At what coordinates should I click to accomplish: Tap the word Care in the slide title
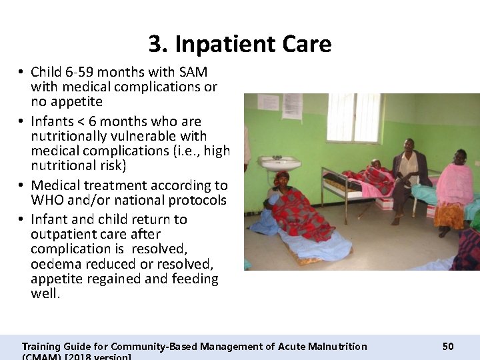299,44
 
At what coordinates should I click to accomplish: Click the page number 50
448,346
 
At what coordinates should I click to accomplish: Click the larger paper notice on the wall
292,105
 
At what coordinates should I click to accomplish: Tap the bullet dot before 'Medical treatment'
21,185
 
